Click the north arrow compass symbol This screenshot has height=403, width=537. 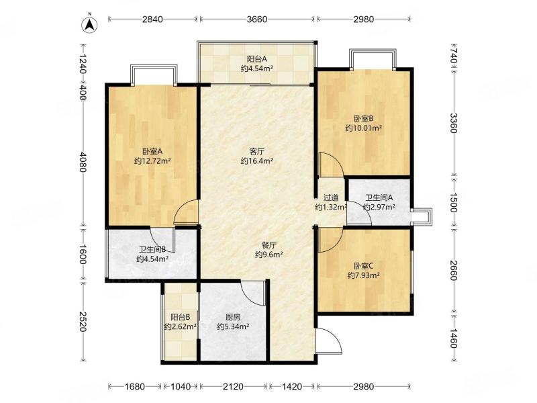pos(89,24)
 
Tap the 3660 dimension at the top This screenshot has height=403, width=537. pos(257,19)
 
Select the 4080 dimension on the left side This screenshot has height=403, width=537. pos(83,163)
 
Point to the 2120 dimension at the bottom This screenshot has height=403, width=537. pos(233,387)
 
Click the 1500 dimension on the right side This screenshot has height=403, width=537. pos(454,203)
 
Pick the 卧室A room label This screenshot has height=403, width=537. pos(152,151)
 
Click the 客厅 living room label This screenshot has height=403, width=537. pos(257,151)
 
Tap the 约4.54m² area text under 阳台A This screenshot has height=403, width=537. pos(257,69)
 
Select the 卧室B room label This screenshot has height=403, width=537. pos(363,119)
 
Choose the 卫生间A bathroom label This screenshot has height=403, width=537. pos(379,197)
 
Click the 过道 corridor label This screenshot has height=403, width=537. pos(331,197)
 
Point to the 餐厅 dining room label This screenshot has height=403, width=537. pos(269,245)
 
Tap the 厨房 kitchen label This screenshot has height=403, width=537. pos(233,317)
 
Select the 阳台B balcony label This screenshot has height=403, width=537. pos(180,317)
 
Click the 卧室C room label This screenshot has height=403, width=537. pos(363,266)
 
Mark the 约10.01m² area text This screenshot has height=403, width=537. pos(363,128)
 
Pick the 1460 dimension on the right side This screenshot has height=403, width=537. pos(454,338)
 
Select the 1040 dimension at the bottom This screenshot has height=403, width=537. pos(180,387)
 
